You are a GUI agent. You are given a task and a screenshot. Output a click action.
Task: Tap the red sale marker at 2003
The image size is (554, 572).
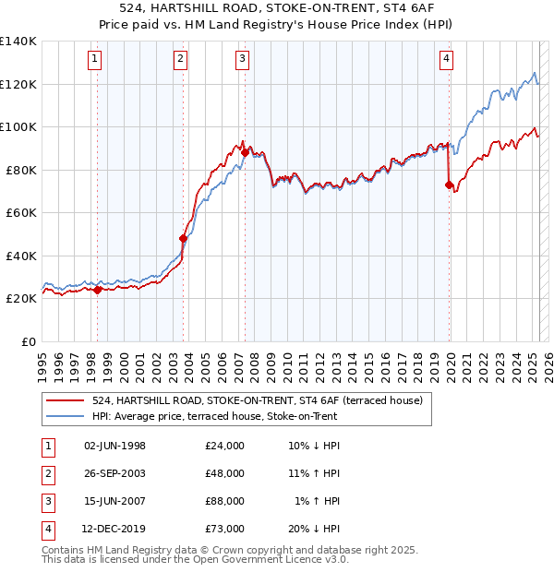(x=183, y=239)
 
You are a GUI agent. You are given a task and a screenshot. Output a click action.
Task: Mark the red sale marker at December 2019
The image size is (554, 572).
(x=449, y=185)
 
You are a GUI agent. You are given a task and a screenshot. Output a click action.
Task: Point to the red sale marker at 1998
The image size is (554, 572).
(x=97, y=290)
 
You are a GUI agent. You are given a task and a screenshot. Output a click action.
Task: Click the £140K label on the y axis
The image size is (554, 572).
(x=18, y=42)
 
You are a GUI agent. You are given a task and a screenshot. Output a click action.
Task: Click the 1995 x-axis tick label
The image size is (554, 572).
(x=42, y=361)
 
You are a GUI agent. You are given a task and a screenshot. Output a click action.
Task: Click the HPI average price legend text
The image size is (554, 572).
(x=214, y=416)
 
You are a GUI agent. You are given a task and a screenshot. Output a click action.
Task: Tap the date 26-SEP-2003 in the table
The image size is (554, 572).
(x=114, y=473)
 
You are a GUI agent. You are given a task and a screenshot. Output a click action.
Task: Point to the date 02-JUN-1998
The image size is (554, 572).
(x=114, y=446)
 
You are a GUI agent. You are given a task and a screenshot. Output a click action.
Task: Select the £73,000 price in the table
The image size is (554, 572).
(x=225, y=529)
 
